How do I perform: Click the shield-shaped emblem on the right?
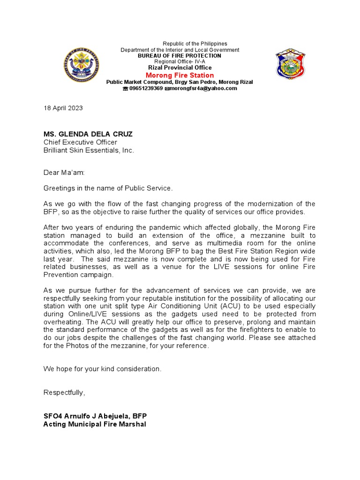click(290, 63)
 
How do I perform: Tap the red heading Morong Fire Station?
click(180, 75)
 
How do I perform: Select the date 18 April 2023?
click(63, 108)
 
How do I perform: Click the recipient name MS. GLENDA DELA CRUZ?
click(88, 134)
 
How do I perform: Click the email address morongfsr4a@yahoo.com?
click(203, 88)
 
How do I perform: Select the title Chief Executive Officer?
click(80, 142)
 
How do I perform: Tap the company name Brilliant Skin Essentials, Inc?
click(89, 150)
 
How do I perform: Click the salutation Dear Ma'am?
click(64, 172)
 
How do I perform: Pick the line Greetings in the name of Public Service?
click(108, 188)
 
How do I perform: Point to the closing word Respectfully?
click(64, 392)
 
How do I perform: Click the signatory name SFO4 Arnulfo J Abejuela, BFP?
click(96, 416)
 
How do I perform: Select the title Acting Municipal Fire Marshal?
click(95, 424)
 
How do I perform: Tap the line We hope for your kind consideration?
click(102, 369)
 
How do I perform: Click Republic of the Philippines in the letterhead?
click(195, 44)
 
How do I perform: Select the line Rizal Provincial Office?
click(180, 67)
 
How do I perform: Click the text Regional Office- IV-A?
click(180, 61)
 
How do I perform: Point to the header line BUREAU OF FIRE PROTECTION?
click(180, 56)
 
